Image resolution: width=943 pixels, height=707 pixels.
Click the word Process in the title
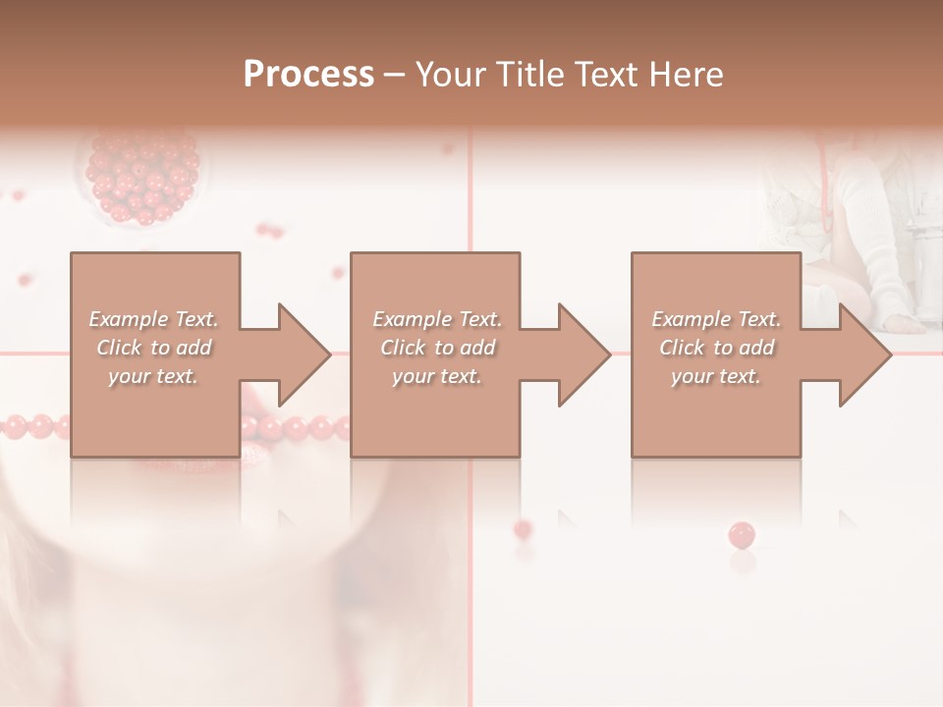click(x=308, y=75)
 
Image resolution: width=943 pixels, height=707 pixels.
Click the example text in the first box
click(x=153, y=348)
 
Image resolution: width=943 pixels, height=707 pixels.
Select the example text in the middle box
click(x=436, y=348)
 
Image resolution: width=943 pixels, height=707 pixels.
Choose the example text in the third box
click(x=715, y=348)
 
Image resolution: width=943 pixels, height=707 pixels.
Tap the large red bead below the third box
click(x=742, y=535)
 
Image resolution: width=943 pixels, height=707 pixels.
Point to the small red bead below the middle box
click(x=523, y=529)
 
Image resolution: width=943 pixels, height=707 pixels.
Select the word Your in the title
click(x=448, y=75)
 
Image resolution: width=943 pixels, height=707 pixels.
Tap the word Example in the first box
click(x=130, y=319)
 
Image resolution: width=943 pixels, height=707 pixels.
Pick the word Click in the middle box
click(x=401, y=348)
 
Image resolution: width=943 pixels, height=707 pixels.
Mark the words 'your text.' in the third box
click(x=715, y=376)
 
